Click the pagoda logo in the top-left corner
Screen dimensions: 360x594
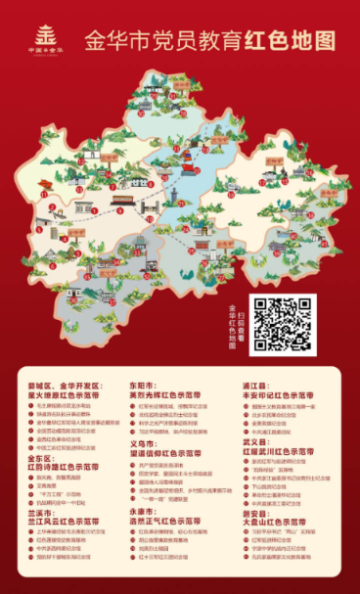pos(36,36)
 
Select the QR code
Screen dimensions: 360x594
pos(283,323)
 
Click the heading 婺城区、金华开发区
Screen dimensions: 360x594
pos(67,387)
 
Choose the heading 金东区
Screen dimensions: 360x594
pos(39,456)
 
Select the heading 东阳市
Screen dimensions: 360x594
pos(145,387)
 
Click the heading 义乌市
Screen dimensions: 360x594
pos(145,442)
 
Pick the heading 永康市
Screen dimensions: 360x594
pos(145,510)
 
